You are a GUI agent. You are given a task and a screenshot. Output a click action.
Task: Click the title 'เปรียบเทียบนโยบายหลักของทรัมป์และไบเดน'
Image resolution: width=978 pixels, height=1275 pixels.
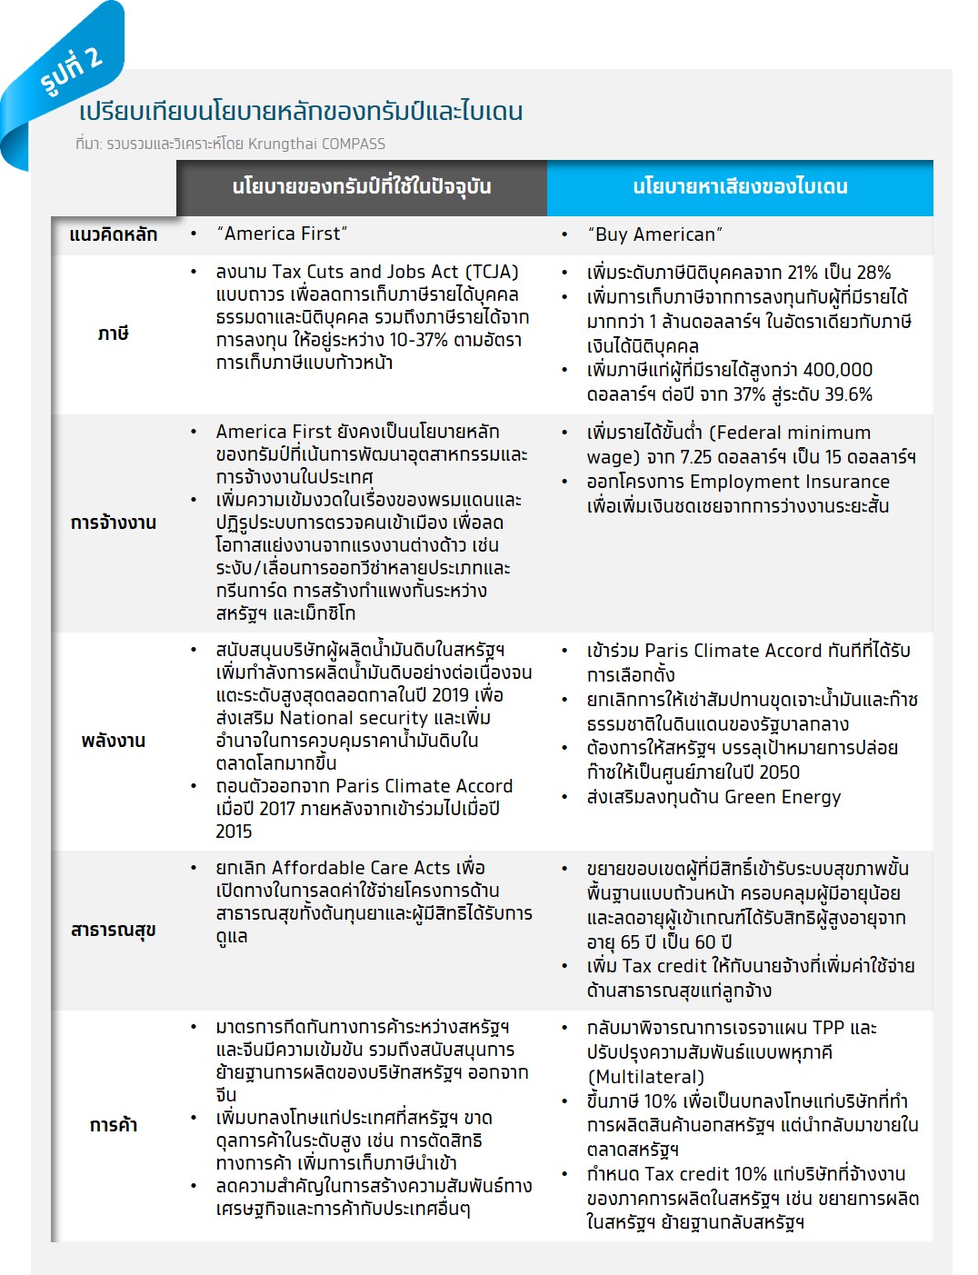pyautogui.click(x=301, y=112)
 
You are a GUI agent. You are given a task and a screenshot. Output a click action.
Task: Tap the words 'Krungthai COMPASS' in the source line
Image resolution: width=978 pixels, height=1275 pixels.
pyautogui.click(x=317, y=144)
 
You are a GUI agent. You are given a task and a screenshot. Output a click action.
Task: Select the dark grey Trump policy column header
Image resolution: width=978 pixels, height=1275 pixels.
pyautogui.click(x=362, y=187)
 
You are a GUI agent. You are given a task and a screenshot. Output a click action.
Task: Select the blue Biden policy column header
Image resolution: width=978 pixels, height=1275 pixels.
pyautogui.click(x=740, y=187)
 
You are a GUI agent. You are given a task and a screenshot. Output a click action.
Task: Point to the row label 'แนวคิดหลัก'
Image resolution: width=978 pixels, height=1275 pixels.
pyautogui.click(x=114, y=234)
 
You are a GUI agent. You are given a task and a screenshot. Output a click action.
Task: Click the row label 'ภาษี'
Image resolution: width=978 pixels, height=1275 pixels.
pyautogui.click(x=114, y=334)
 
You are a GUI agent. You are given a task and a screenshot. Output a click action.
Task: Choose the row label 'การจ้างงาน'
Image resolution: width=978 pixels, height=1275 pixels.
pyautogui.click(x=114, y=523)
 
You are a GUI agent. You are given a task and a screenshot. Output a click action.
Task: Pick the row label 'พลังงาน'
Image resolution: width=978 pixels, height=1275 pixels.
pyautogui.click(x=114, y=741)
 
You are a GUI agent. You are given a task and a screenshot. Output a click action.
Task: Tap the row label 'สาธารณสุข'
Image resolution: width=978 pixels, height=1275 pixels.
pyautogui.click(x=114, y=930)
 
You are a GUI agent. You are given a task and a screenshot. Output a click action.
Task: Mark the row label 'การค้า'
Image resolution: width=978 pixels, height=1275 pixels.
pyautogui.click(x=114, y=1125)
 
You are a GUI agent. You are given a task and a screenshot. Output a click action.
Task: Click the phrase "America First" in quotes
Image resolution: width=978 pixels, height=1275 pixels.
pyautogui.click(x=282, y=234)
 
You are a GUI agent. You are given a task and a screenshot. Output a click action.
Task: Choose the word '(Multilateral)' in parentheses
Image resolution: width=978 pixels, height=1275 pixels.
pyautogui.click(x=645, y=1077)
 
